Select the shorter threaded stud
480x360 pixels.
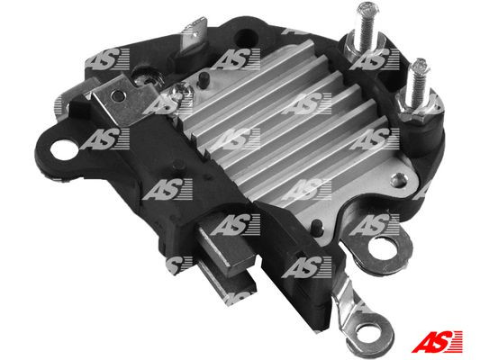pos(417,76)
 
